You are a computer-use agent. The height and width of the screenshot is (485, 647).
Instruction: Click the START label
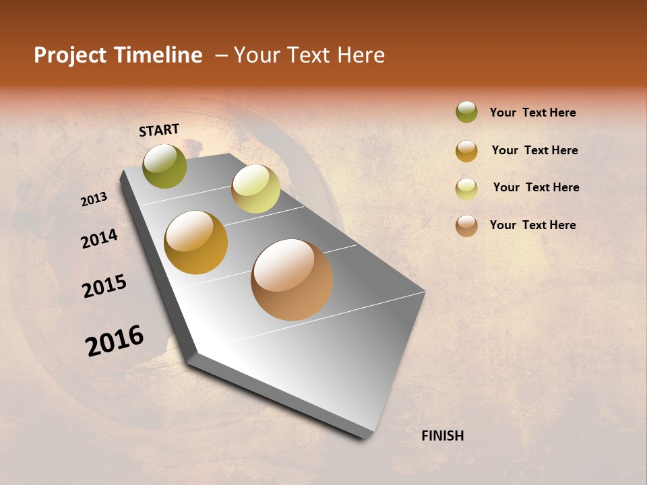[159, 130]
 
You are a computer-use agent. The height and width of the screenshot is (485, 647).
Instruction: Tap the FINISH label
[442, 436]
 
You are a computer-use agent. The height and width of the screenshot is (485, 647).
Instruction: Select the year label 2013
[94, 199]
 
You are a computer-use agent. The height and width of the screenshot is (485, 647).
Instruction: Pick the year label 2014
[99, 238]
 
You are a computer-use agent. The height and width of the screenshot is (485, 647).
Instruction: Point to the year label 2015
[104, 286]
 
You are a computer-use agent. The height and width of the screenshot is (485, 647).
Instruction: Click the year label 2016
[115, 340]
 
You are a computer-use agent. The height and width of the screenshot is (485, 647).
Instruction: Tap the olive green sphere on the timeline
[165, 166]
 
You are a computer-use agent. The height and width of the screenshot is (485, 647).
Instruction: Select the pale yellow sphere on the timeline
[255, 189]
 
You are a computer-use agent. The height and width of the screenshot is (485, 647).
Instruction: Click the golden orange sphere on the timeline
[196, 243]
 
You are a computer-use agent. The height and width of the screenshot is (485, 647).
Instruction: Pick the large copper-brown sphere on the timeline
[292, 280]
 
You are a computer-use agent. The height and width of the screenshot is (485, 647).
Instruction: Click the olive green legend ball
[466, 112]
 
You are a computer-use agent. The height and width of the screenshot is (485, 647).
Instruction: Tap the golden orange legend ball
[466, 151]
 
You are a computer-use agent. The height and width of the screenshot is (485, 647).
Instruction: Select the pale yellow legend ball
[466, 189]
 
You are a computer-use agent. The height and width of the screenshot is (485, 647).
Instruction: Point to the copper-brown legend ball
[466, 226]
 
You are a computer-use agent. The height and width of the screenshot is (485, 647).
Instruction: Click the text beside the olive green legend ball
[532, 112]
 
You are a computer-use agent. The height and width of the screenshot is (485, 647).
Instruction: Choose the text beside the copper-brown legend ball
[532, 225]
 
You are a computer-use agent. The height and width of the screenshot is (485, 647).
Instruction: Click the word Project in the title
[70, 55]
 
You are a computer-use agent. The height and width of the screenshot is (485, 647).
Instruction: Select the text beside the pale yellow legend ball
[536, 187]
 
